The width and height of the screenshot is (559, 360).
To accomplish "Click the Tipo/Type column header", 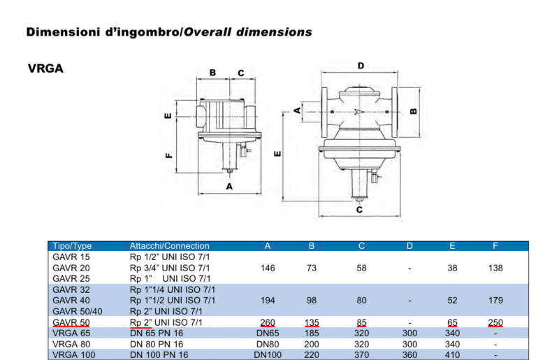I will (72, 246).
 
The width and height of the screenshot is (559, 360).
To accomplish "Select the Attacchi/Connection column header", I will (169, 246).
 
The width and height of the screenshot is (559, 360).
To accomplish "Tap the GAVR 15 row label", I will (71, 257).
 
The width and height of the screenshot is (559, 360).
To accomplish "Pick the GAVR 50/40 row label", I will (78, 311).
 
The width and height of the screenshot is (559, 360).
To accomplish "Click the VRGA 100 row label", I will (74, 355).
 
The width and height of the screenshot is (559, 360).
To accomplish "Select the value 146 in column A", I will (268, 268).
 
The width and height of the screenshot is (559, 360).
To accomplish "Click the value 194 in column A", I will (268, 301).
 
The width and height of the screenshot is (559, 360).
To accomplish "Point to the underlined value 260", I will (268, 322).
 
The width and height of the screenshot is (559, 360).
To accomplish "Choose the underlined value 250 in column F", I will (495, 322).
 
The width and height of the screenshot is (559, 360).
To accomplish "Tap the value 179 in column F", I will (495, 301).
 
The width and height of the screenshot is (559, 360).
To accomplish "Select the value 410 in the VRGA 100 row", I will (453, 355).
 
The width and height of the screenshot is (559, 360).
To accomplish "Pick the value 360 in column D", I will (410, 355).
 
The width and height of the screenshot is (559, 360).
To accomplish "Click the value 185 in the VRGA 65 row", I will (312, 333).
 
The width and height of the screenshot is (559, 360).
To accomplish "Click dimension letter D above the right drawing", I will (361, 66).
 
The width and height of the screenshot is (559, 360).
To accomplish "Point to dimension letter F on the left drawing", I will (168, 155).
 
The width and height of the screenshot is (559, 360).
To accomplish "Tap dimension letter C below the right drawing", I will (359, 209).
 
